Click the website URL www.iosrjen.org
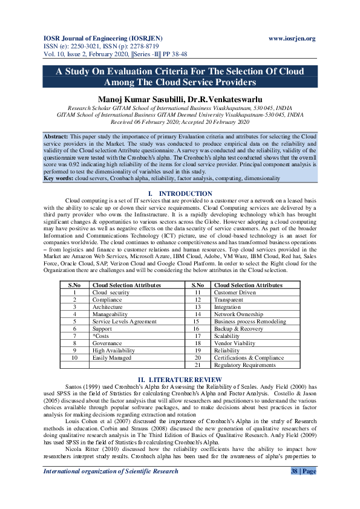point(292,38)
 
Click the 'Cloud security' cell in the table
point(111,291)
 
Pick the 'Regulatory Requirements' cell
point(244,365)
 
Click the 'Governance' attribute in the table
point(108,343)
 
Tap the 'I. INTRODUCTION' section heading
point(180,193)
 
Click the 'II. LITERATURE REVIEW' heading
point(180,379)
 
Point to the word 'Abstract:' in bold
point(56,137)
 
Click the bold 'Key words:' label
point(58,178)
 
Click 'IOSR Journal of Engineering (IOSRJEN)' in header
point(100,38)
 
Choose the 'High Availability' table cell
point(114,350)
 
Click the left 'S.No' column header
point(74,284)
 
